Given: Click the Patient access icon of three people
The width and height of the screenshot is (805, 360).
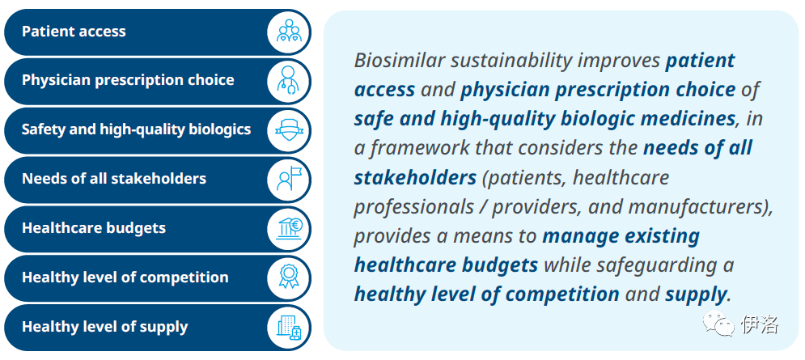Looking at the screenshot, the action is pos(289,32).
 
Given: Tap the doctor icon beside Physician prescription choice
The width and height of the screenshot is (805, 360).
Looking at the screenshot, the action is pos(289,81).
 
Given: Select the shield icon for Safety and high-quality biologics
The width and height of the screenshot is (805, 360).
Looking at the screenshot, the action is pos(289,130).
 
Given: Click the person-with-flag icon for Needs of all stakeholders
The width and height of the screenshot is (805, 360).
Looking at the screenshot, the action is pos(289,179).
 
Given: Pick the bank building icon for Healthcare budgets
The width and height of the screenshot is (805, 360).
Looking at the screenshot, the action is pos(289,228).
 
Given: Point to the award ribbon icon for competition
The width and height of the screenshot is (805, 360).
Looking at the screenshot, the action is pos(289,277).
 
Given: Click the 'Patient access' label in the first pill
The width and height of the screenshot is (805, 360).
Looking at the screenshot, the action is pos(74,32).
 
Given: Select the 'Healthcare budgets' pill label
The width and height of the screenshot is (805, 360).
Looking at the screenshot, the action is pos(93,228).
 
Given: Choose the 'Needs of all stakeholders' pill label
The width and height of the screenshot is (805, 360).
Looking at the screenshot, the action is pos(114,179).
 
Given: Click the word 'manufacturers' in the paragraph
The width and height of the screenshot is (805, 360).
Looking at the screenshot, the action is pos(695,207).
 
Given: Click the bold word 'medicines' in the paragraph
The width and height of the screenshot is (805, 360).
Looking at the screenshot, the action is pos(683,119).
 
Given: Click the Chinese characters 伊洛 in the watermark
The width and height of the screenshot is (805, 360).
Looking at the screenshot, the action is pos(760,324).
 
